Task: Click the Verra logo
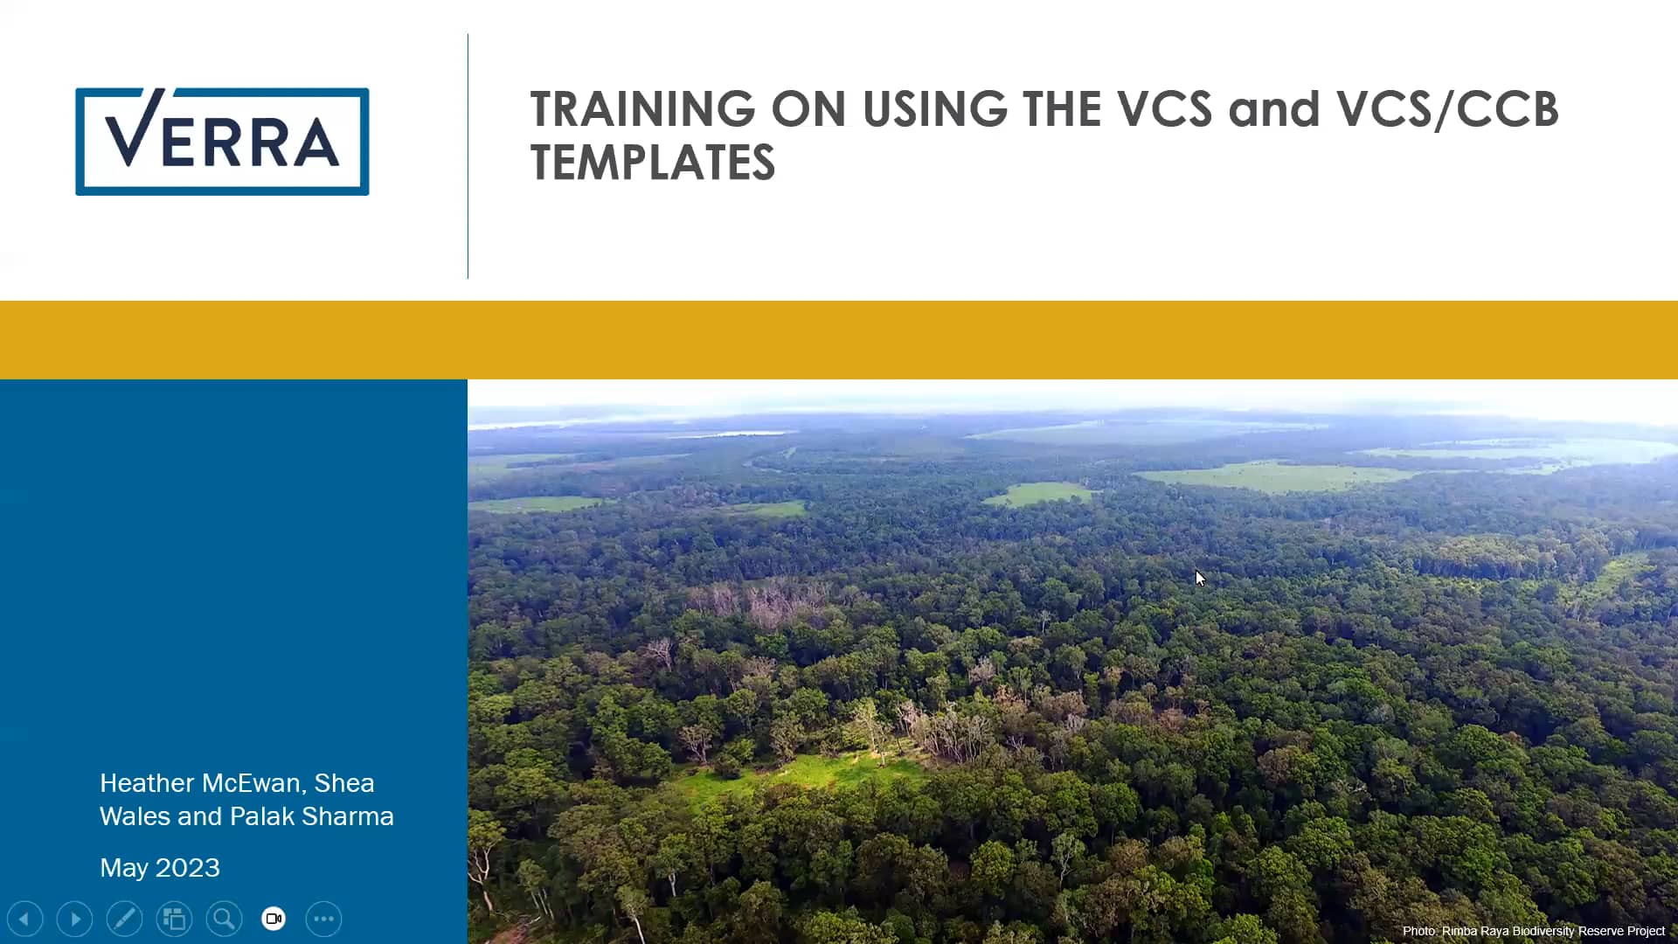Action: point(222,141)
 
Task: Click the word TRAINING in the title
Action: point(642,109)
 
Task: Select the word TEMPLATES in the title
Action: point(652,163)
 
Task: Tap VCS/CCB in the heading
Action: point(1446,109)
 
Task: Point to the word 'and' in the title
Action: point(1273,109)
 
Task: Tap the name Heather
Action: point(147,783)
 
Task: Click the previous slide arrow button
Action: point(24,919)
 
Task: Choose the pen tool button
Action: point(124,919)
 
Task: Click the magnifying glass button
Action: point(224,919)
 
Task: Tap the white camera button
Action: point(274,919)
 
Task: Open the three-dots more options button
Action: point(323,919)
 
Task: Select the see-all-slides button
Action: point(174,919)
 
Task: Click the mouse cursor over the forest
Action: point(1200,578)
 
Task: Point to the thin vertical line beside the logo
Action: point(468,157)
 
